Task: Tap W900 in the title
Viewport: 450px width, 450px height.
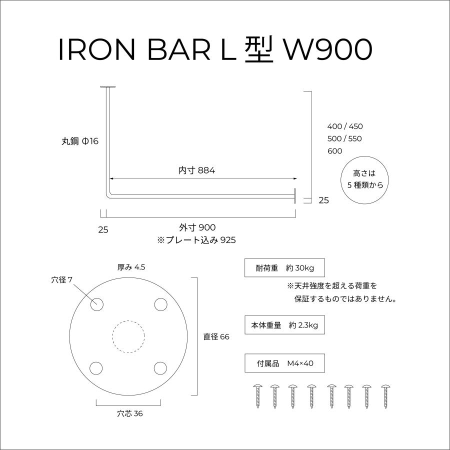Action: (328, 50)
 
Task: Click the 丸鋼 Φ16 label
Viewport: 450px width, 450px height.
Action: (80, 142)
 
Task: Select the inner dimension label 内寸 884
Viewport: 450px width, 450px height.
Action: (196, 170)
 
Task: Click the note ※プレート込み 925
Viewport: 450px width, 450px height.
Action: (196, 240)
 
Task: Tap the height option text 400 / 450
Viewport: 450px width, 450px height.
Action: (345, 126)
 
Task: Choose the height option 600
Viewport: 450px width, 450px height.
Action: (334, 151)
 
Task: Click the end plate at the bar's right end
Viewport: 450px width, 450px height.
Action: (295, 195)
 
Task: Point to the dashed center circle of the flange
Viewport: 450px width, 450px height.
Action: (128, 336)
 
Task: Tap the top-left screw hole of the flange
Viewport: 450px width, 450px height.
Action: (96, 304)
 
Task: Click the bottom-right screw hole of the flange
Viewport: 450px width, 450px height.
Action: (160, 368)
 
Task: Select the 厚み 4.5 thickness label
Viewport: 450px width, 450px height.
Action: (131, 267)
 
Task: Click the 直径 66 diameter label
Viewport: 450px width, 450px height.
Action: (216, 337)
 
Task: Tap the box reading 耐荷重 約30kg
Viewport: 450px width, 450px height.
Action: (284, 268)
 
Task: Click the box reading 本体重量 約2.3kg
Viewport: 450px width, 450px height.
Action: (284, 325)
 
